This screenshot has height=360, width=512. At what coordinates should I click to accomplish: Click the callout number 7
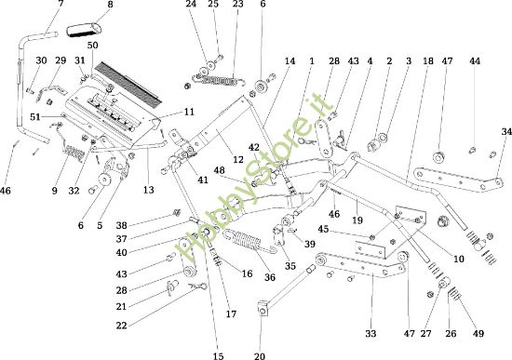click(x=61, y=5)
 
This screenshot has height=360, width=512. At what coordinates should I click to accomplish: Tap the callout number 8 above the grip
click(x=110, y=5)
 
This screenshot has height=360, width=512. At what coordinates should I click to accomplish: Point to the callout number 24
click(x=190, y=5)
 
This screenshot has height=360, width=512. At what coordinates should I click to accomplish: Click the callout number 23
click(x=237, y=5)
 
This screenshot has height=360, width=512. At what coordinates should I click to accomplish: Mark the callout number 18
click(x=427, y=61)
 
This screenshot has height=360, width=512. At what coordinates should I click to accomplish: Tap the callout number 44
click(x=475, y=61)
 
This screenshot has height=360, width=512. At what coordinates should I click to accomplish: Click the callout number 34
click(x=506, y=132)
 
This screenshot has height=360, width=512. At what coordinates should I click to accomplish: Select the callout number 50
click(x=92, y=46)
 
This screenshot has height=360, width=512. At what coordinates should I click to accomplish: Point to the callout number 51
click(x=35, y=116)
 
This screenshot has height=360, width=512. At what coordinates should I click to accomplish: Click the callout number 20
click(x=259, y=354)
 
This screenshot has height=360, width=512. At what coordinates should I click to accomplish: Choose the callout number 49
click(x=478, y=333)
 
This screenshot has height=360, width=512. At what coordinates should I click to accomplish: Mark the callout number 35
click(x=290, y=266)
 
